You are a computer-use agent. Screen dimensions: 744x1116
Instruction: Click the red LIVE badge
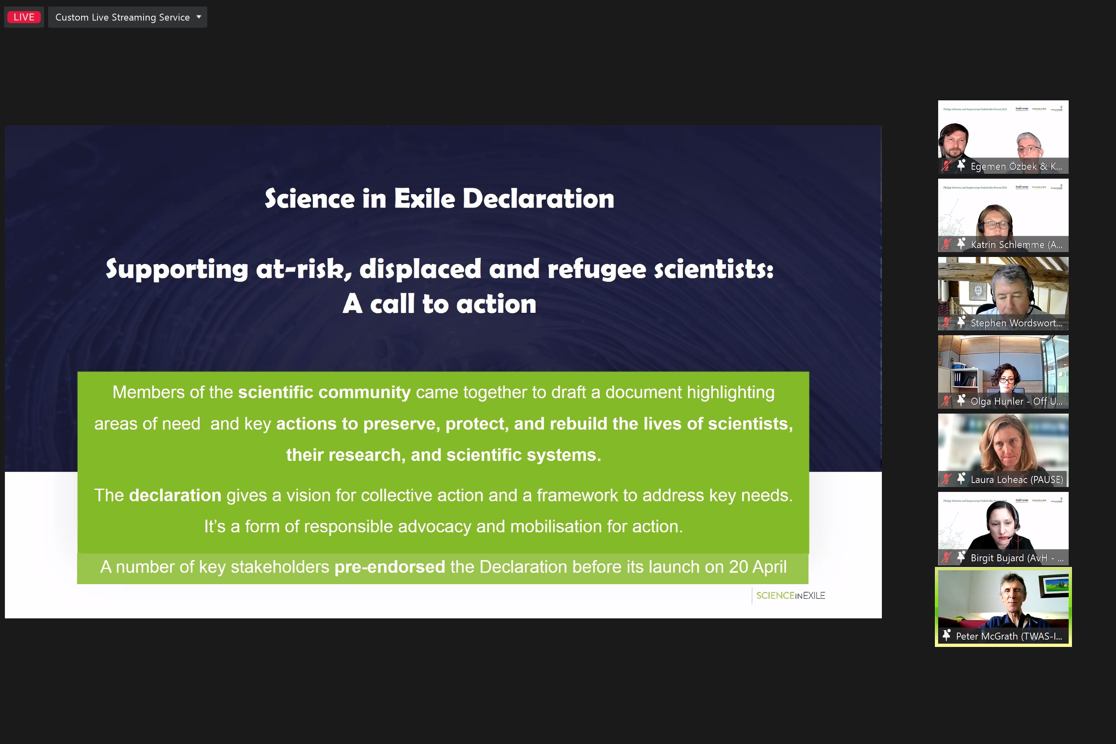pyautogui.click(x=24, y=17)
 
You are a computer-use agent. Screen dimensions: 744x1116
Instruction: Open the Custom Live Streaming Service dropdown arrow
pyautogui.click(x=199, y=17)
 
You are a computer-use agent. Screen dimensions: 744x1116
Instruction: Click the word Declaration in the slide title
pyautogui.click(x=538, y=198)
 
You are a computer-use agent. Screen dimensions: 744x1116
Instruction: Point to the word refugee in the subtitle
pyautogui.click(x=596, y=269)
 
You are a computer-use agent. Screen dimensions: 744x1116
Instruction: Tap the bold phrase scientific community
pyautogui.click(x=324, y=392)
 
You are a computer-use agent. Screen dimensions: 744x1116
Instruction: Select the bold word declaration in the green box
pyautogui.click(x=175, y=495)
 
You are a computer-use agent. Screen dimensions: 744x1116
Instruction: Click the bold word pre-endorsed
pyautogui.click(x=390, y=567)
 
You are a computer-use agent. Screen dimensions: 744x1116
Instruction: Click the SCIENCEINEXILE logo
pyautogui.click(x=790, y=596)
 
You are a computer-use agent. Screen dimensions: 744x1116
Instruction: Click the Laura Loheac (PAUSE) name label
pyautogui.click(x=1016, y=480)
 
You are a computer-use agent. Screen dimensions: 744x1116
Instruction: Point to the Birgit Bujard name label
pyautogui.click(x=1016, y=558)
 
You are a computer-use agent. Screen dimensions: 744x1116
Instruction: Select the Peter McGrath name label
pyautogui.click(x=1008, y=636)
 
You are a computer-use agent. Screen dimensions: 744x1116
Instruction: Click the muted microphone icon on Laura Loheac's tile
pyautogui.click(x=946, y=479)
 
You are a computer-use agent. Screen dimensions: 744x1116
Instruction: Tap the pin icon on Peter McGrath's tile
pyautogui.click(x=947, y=635)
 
